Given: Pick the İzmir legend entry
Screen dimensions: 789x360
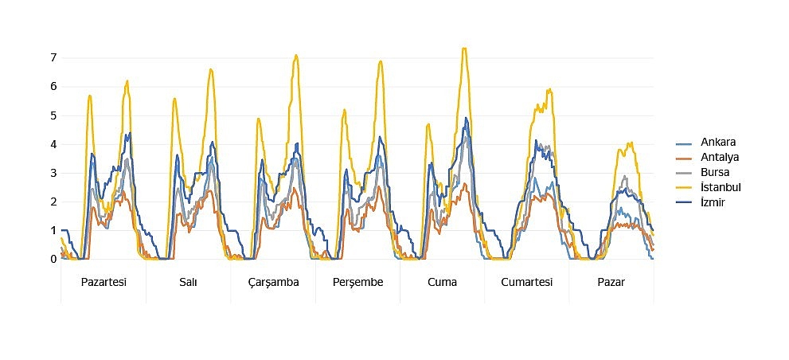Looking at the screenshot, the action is pos(701,202).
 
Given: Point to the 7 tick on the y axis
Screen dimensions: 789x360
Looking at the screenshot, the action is pos(53,57).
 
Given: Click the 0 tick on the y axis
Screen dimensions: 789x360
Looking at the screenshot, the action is pos(53,259).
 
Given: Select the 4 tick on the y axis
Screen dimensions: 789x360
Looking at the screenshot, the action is pos(53,144).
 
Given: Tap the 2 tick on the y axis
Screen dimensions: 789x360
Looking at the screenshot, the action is pos(53,202).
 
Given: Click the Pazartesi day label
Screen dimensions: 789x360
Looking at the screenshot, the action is pos(104,282).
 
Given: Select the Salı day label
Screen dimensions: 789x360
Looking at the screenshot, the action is pos(188,282).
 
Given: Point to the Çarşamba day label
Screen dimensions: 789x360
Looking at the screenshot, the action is pos(273,283).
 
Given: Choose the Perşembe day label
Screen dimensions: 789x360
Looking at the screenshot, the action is pos(357,283).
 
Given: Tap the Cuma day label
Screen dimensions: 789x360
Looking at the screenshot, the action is pos(443,282).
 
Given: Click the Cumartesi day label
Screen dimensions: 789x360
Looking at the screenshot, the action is pos(527,282).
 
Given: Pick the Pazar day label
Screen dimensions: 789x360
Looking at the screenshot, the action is pos(611,282).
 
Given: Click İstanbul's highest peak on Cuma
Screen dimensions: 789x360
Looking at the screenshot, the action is pos(464,49).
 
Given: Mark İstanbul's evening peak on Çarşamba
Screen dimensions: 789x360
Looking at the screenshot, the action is pos(296,55).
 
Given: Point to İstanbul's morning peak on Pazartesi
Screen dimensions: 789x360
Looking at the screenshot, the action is pos(89,96).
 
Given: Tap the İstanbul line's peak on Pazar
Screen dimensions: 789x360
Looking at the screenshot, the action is pos(631,143).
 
